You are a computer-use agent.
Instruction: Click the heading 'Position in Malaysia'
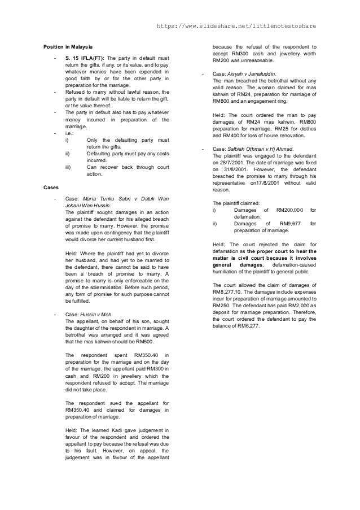(68, 46)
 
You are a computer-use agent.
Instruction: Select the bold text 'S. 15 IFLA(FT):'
(84, 58)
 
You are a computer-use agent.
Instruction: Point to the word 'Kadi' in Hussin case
(121, 430)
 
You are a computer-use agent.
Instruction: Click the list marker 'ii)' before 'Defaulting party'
(68, 153)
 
